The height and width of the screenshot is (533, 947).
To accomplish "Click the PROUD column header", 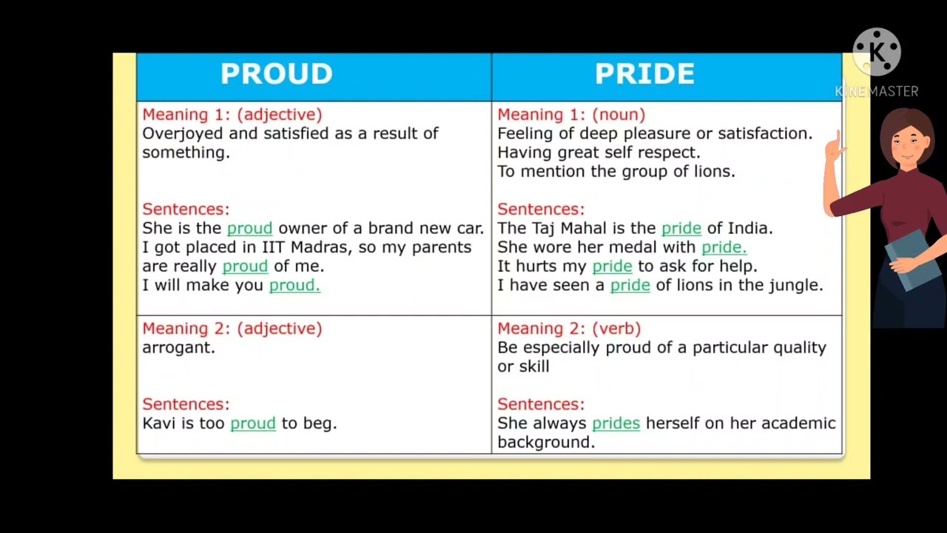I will coord(276,74).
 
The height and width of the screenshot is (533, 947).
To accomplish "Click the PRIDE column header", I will coord(644,74).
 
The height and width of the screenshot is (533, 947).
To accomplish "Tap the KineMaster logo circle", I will coord(877,53).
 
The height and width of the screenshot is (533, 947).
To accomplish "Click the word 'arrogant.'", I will coord(178,347).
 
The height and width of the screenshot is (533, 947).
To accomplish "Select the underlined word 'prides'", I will coord(616,423).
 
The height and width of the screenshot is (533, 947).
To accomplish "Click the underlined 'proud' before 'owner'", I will coord(249,228).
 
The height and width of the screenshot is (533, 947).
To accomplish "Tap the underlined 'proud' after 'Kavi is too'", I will coord(252,423).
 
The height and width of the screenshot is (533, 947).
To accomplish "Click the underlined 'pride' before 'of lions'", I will coord(630,285).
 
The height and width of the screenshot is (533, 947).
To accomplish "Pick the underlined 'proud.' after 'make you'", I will coord(294,285).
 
